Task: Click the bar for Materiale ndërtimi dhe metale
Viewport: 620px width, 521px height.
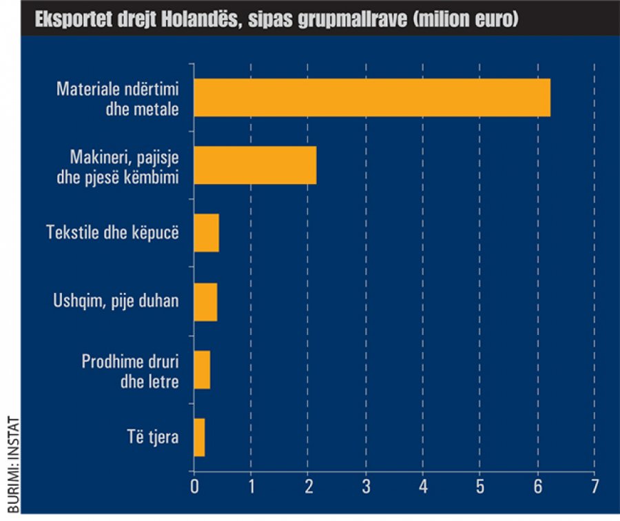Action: (x=372, y=98)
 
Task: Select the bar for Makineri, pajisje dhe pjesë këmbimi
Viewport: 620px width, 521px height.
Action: (x=255, y=165)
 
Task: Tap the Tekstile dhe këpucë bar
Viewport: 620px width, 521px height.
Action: (x=207, y=233)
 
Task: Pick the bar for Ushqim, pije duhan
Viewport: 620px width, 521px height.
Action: (x=205, y=301)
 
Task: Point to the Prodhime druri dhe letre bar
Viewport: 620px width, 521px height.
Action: (x=202, y=369)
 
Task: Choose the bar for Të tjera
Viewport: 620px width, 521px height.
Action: (x=199, y=438)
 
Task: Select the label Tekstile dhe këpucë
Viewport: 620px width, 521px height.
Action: (x=112, y=232)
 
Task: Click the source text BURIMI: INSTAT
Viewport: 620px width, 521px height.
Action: (x=10, y=466)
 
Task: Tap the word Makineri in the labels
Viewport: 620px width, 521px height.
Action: (x=98, y=156)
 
